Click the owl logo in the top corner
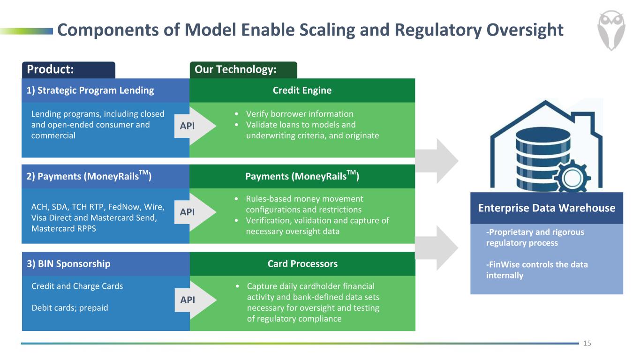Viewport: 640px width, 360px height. (612, 30)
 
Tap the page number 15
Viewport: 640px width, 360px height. (587, 344)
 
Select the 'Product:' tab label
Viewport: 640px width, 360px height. (50, 70)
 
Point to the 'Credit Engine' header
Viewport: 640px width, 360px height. (302, 90)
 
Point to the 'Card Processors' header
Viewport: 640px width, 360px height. (302, 264)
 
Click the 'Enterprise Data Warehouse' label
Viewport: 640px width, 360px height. (547, 208)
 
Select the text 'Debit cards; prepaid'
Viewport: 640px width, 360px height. (69, 308)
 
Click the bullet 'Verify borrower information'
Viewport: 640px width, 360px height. (300, 114)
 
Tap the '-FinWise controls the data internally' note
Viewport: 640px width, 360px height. (537, 270)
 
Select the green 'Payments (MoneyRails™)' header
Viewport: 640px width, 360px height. (302, 177)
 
